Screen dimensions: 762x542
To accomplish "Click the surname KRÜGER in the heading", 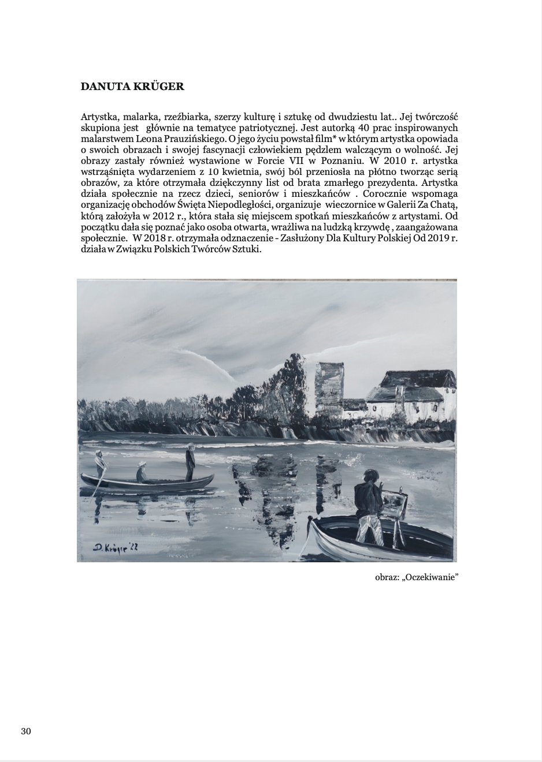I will pos(159,87).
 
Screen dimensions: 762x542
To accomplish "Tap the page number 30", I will pos(26,731).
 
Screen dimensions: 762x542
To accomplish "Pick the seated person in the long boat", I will pos(142,473).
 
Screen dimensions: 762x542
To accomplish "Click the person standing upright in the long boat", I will pos(190,461).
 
